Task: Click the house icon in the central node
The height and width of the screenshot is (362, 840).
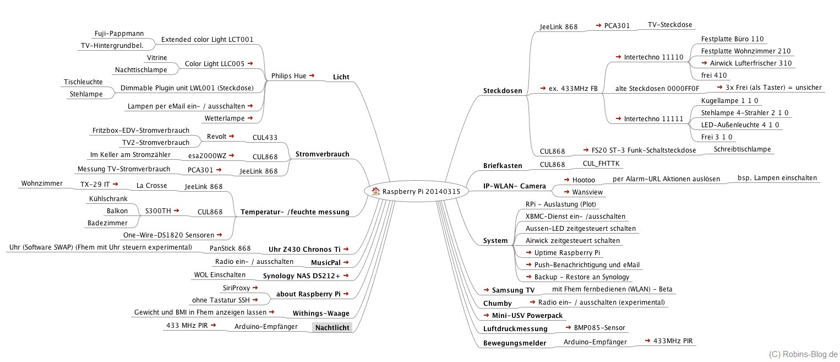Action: [x=376, y=191]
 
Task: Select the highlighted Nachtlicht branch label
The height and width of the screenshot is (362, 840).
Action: [x=331, y=327]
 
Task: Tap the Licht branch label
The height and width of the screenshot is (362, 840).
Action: [x=341, y=77]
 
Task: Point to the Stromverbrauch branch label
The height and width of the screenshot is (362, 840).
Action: [x=322, y=154]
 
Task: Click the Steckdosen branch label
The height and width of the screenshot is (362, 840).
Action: [x=502, y=90]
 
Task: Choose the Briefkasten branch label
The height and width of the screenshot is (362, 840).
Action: [x=503, y=165]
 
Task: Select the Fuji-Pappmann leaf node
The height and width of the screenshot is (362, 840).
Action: [x=115, y=33]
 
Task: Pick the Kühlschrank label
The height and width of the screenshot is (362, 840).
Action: [x=108, y=198]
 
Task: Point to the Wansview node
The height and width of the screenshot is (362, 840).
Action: [x=587, y=192]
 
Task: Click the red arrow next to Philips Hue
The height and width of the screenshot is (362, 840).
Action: [x=312, y=75]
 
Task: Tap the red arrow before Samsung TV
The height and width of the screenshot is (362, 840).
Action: [x=486, y=289]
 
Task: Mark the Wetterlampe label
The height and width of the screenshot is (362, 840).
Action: [x=225, y=118]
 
